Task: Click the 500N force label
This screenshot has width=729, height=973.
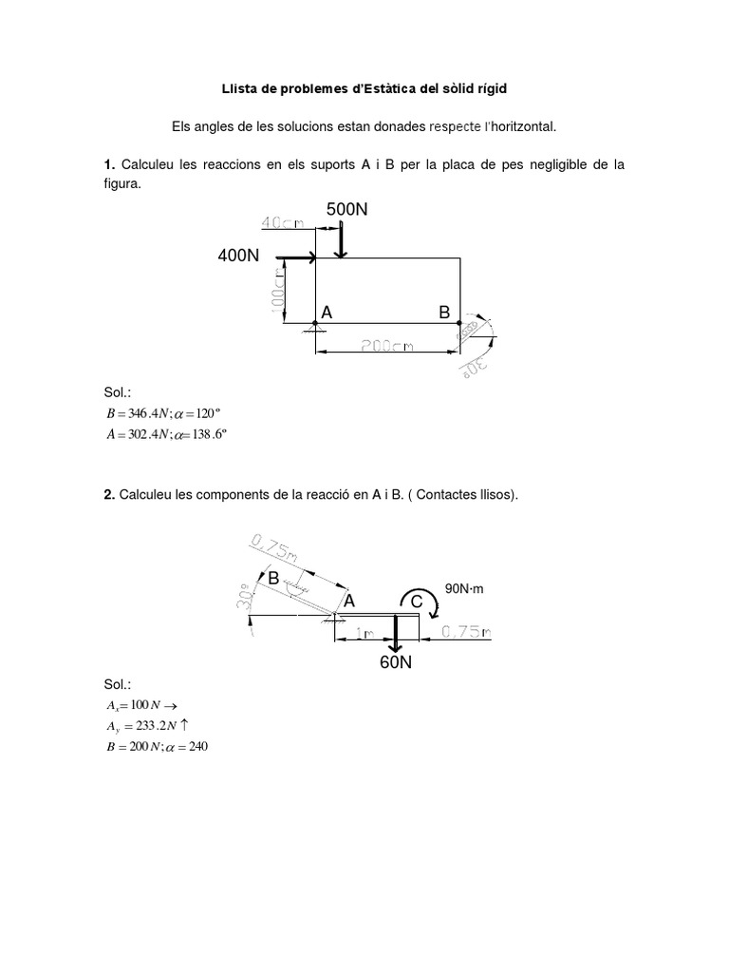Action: pyautogui.click(x=347, y=209)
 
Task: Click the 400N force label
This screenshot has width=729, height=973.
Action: pyautogui.click(x=239, y=257)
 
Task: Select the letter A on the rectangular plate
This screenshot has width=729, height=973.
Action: pyautogui.click(x=327, y=312)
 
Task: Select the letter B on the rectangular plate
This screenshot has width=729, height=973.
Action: pyautogui.click(x=443, y=312)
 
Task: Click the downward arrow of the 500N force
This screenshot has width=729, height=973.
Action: pyautogui.click(x=341, y=238)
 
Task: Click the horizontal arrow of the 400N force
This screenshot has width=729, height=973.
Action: pyautogui.click(x=295, y=257)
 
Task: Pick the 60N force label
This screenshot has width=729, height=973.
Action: pyautogui.click(x=397, y=663)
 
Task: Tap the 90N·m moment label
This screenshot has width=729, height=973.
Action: pyautogui.click(x=464, y=589)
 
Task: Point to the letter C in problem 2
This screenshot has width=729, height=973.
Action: pyautogui.click(x=417, y=601)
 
